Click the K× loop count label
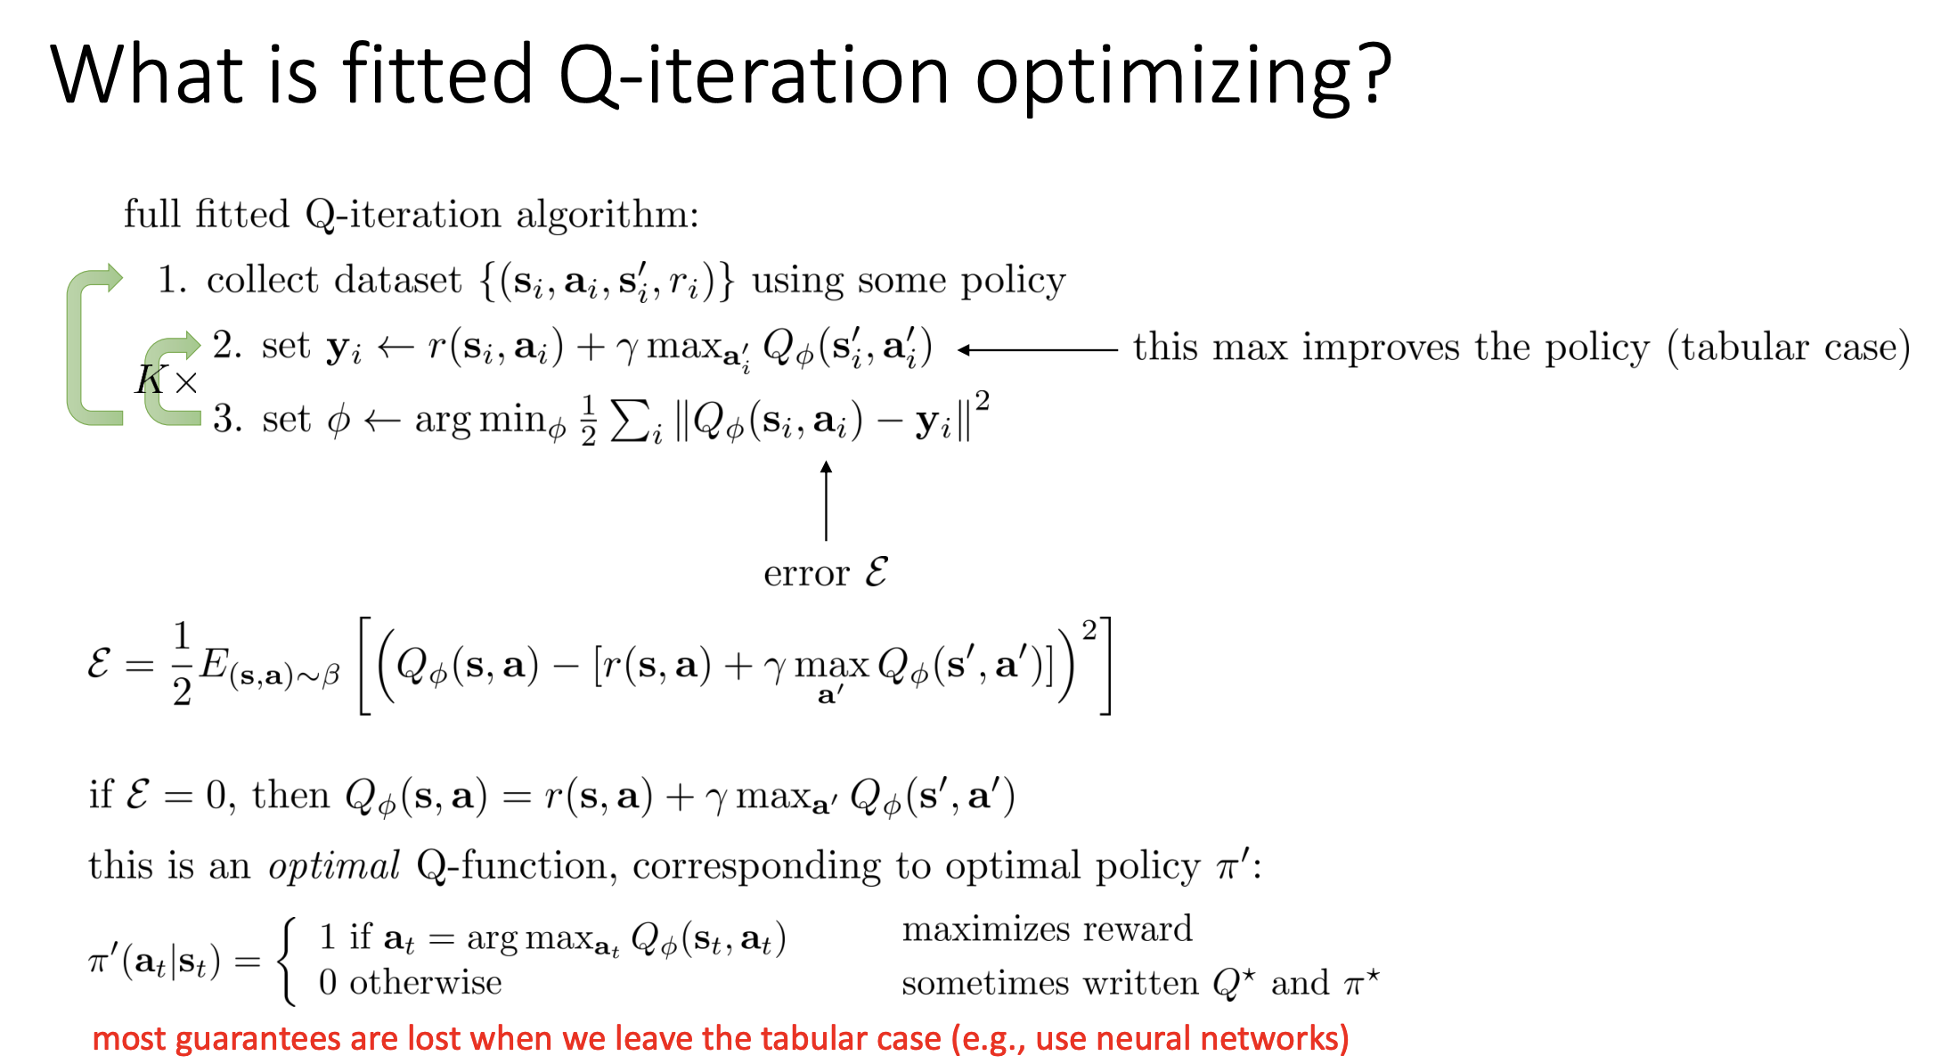click(x=167, y=381)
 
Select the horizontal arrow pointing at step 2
click(x=1038, y=350)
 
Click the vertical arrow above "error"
click(x=826, y=501)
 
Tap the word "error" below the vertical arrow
click(x=806, y=574)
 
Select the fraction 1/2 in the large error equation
click(x=182, y=664)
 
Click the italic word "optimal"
click(x=334, y=867)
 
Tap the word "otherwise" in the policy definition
click(x=425, y=983)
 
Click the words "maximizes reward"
click(x=1047, y=929)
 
